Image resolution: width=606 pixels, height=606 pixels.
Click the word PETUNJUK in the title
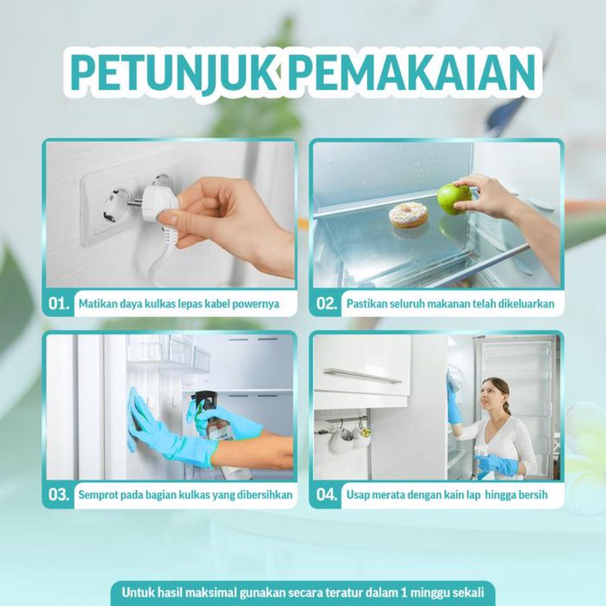point(172,70)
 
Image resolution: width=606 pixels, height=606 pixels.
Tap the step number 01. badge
point(59,304)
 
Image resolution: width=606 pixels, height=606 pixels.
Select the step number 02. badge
point(327,304)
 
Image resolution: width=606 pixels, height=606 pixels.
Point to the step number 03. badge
point(59,495)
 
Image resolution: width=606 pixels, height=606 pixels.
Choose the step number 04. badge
point(327,495)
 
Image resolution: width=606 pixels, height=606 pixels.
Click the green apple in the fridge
point(454,199)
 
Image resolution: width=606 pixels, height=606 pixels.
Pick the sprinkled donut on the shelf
point(408,215)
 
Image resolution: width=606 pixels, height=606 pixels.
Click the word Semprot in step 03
point(99,495)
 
